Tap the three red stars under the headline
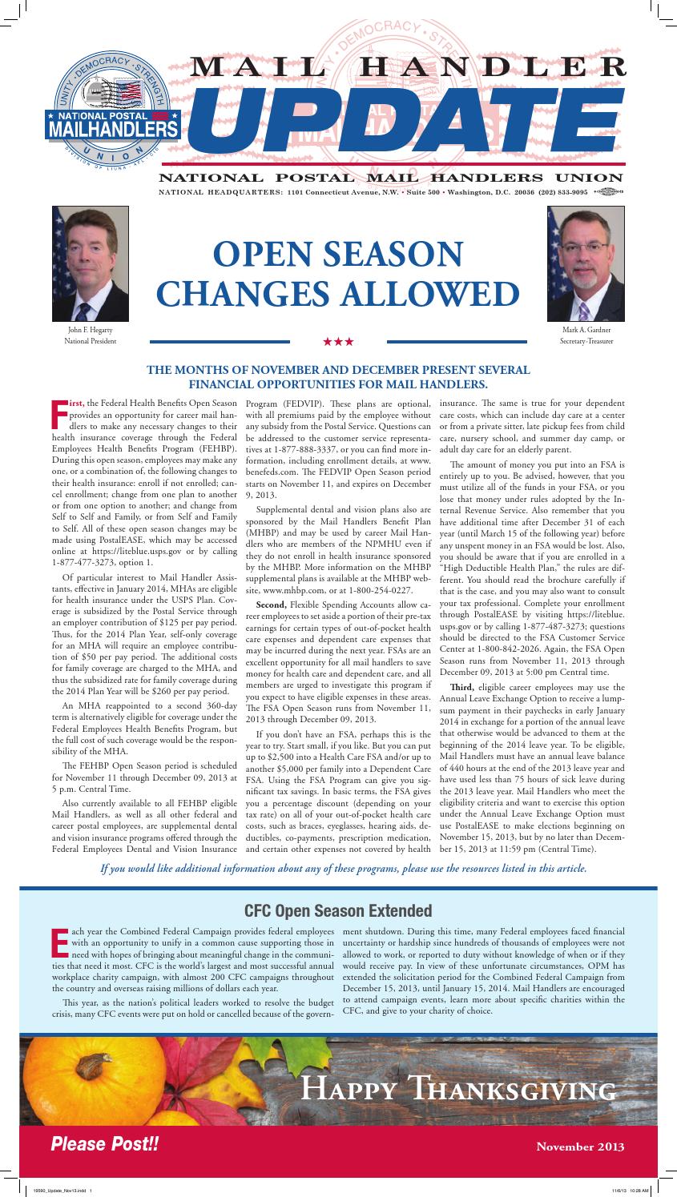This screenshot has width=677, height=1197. pyautogui.click(x=338, y=342)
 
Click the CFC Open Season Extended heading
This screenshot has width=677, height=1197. pyautogui.click(x=338, y=911)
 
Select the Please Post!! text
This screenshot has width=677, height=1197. pyautogui.click(x=105, y=1145)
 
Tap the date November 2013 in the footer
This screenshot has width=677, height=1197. pyautogui.click(x=580, y=1147)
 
